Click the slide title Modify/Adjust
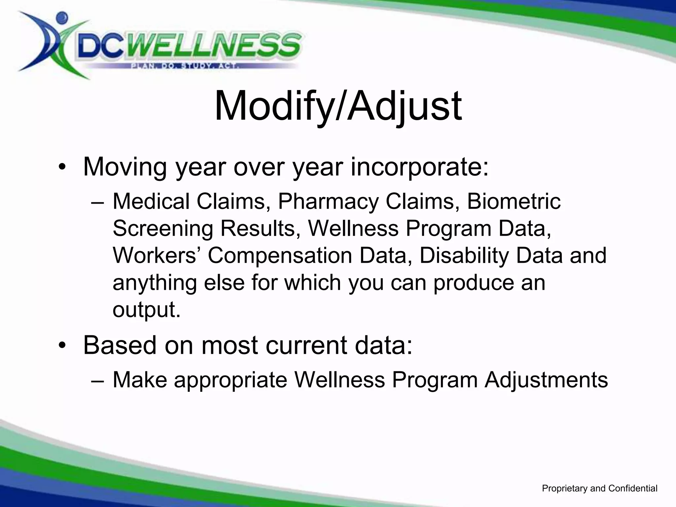(x=338, y=106)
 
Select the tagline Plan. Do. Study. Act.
(x=185, y=66)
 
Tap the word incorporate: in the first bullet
(x=419, y=167)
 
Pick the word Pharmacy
(x=328, y=201)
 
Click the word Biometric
(x=514, y=201)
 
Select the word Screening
(x=163, y=228)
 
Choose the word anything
(x=155, y=283)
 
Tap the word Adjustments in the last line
(x=546, y=380)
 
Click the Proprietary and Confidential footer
(x=599, y=489)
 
